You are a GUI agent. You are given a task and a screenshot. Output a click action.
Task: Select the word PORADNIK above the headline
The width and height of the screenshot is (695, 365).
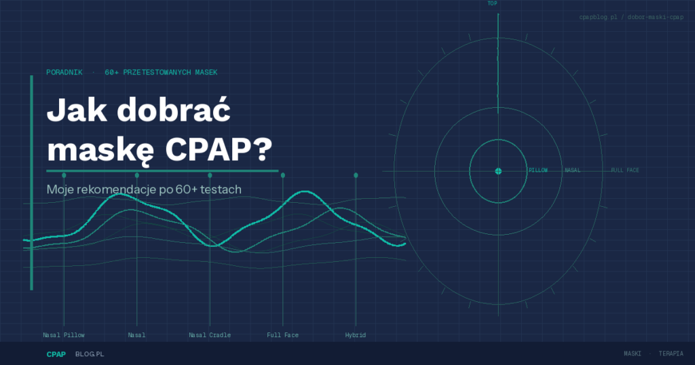tap(64, 72)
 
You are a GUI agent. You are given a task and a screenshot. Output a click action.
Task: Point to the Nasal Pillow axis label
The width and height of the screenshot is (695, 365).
tap(64, 335)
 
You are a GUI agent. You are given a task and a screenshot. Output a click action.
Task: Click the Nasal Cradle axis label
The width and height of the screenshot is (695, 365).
tap(210, 335)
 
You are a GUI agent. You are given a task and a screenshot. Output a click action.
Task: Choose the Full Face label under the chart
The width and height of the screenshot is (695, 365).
tap(283, 335)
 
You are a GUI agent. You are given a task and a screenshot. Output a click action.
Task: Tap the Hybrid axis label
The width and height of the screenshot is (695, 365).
tap(356, 335)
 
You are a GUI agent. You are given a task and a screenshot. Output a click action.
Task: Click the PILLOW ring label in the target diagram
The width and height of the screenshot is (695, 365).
tap(538, 170)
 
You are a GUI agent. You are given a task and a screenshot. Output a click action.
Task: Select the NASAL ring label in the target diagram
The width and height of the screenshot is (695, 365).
tap(572, 170)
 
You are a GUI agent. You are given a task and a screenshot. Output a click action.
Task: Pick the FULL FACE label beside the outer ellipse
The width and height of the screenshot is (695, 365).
tap(625, 170)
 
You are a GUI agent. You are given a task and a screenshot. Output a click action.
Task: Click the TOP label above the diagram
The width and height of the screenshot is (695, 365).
tap(493, 3)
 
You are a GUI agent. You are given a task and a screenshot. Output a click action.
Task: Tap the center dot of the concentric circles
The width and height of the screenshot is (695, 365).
tap(498, 171)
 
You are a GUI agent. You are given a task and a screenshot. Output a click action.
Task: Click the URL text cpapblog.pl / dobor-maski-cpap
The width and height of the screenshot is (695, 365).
tap(631, 17)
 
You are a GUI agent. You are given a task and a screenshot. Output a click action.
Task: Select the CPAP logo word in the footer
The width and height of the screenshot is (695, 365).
tap(56, 354)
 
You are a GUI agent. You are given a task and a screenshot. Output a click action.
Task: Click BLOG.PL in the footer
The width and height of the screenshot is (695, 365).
tap(90, 354)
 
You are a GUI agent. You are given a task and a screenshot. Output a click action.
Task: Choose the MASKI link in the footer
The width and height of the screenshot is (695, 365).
tap(633, 353)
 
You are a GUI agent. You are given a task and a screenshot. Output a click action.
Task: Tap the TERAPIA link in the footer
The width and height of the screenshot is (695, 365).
tap(671, 353)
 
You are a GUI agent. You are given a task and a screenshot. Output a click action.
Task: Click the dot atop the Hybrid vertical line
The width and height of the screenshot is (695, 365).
tap(356, 176)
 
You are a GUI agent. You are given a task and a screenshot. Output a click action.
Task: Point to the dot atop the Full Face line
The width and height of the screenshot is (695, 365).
tap(283, 176)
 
